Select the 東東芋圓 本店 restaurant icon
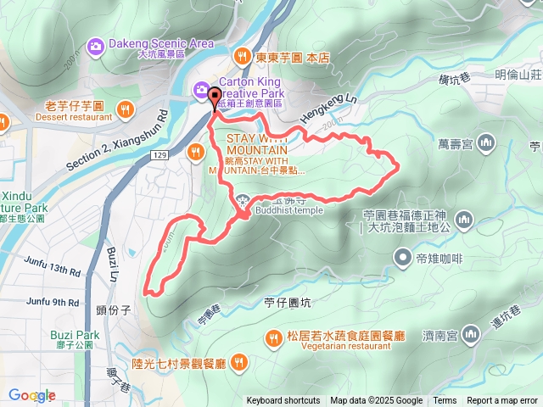click(x=242, y=56)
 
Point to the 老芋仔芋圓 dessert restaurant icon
click(x=126, y=108)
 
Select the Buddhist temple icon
click(x=244, y=202)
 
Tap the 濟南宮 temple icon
click(x=475, y=337)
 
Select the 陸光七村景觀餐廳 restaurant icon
click(x=239, y=364)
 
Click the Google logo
click(x=32, y=395)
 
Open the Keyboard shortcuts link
click(x=283, y=401)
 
